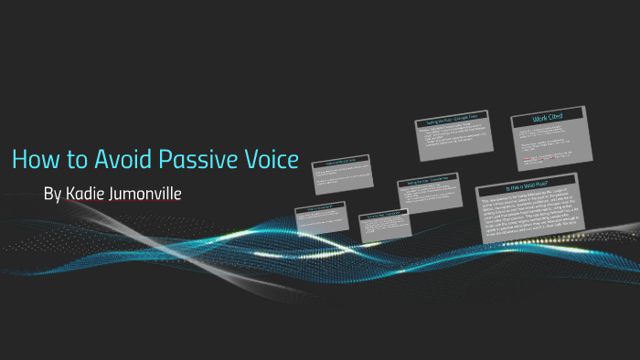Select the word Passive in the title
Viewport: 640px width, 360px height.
click(x=197, y=159)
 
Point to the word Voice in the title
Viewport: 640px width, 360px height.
click(x=269, y=159)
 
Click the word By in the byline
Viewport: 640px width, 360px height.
click(x=53, y=195)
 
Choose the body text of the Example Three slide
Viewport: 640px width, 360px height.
click(x=452, y=143)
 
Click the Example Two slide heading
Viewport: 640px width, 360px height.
click(x=427, y=185)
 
